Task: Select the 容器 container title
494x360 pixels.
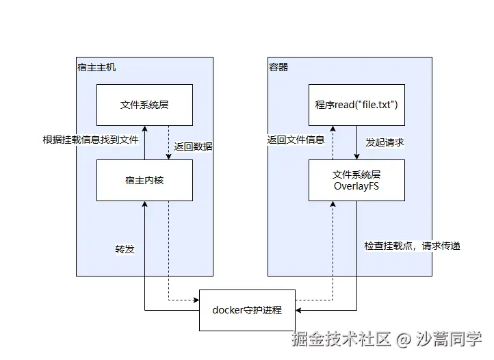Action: (278, 67)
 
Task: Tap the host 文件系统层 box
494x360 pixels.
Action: (144, 105)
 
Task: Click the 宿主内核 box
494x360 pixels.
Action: (144, 180)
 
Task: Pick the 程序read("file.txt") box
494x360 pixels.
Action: (356, 105)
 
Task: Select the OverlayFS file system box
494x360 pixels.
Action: (356, 180)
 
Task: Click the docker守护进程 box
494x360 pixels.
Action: (246, 310)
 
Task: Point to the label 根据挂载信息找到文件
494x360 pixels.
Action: (90, 140)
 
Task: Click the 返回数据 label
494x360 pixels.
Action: (193, 146)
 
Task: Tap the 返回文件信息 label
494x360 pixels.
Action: (296, 140)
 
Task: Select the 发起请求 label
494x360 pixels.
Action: (385, 142)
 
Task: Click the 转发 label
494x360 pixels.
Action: (125, 248)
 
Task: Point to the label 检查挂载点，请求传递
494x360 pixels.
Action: (412, 245)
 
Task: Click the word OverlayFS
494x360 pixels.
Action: (356, 186)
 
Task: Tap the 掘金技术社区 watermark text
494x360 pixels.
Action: (341, 338)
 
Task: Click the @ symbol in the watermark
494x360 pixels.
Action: (405, 338)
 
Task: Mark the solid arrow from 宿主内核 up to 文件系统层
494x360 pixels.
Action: (144, 142)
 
